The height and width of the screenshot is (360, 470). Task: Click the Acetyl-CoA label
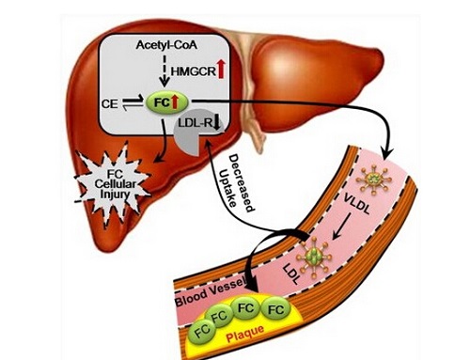click(x=166, y=45)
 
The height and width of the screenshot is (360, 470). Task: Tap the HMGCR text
click(x=194, y=71)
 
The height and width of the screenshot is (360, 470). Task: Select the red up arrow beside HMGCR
click(x=221, y=70)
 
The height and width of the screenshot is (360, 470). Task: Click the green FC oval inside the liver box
click(x=167, y=102)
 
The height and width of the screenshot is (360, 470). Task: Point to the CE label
click(x=110, y=103)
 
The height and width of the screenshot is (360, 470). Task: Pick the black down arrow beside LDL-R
click(x=217, y=124)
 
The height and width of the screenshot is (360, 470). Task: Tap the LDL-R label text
click(x=196, y=123)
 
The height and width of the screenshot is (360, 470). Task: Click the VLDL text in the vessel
click(x=356, y=204)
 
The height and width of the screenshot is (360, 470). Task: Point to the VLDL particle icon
click(x=375, y=180)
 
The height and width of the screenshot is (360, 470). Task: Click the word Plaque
click(x=245, y=333)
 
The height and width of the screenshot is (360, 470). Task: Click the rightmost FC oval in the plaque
click(x=276, y=309)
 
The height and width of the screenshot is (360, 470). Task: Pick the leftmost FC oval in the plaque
click(x=202, y=330)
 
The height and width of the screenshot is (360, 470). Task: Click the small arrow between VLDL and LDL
click(x=341, y=227)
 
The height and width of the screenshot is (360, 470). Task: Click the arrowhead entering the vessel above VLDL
click(x=387, y=153)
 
